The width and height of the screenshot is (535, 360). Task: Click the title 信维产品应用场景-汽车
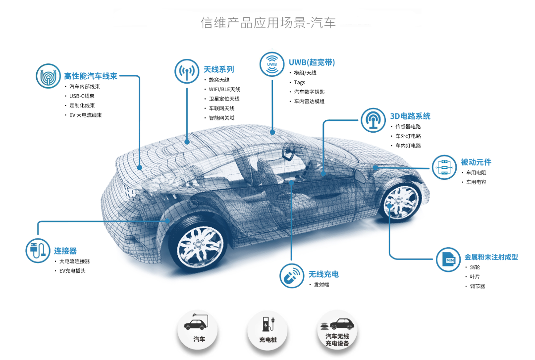pos(268,23)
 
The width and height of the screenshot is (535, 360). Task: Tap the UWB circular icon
pos(272,64)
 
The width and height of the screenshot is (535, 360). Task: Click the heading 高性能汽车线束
pos(91,76)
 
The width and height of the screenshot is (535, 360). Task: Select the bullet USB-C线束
pos(82,96)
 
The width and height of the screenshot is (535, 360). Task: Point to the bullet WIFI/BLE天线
pos(224,90)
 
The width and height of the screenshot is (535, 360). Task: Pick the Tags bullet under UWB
pos(300,83)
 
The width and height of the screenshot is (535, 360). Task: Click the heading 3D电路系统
pos(410,116)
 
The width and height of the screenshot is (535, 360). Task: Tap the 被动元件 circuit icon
pos(444,167)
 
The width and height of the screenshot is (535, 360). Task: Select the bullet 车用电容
pos(476,182)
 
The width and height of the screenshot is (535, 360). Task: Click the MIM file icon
pos(448,259)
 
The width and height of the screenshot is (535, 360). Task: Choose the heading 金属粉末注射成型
pos(491,257)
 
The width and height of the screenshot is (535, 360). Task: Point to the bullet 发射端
pos(321,285)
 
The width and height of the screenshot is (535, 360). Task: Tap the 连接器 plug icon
pos(38,251)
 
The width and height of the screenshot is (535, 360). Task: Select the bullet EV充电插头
pos(72,271)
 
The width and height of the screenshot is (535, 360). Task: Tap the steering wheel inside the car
pos(286,150)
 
